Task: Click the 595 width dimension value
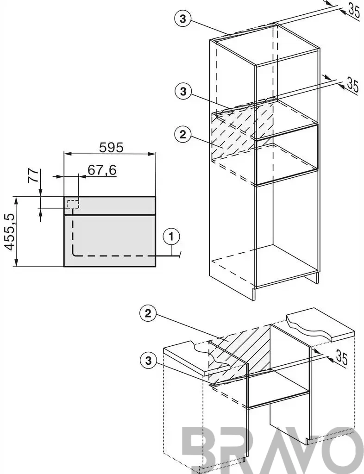coord(112,147)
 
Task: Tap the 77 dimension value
coord(34,175)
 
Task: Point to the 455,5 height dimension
coord(10,232)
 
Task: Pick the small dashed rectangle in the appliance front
coord(73,204)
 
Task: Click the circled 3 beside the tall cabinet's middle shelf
coord(183,92)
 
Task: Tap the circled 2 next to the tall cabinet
coord(182,135)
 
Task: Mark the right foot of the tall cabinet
coord(316,278)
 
